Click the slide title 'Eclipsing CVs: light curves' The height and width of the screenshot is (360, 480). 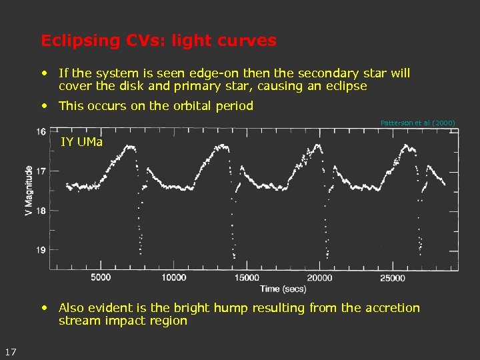click(158, 41)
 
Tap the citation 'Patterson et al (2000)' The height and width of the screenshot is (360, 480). click(417, 123)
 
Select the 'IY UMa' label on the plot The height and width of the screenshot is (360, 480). click(82, 141)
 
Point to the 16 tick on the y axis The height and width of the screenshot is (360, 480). click(42, 131)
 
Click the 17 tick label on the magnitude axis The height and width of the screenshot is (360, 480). click(42, 171)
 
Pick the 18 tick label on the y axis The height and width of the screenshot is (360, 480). click(42, 211)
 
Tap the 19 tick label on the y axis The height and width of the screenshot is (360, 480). click(42, 250)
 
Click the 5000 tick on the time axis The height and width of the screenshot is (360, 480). click(101, 277)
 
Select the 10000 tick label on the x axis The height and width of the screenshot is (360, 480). click(173, 277)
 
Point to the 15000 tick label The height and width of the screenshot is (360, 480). click(247, 277)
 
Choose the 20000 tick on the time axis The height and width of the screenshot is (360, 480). click(319, 277)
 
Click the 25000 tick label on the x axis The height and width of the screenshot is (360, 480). click(392, 277)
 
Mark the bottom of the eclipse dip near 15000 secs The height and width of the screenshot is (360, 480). click(235, 257)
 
